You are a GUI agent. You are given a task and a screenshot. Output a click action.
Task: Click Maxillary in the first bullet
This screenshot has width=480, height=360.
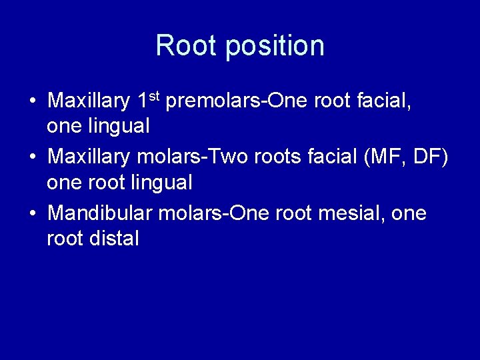pos(89,101)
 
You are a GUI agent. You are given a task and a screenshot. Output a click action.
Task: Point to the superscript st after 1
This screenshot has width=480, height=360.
pos(153,97)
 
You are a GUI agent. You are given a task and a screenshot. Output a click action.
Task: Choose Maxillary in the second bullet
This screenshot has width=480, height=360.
pos(89,157)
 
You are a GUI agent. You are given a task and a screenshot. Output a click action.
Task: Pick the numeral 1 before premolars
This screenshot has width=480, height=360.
pos(142,101)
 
